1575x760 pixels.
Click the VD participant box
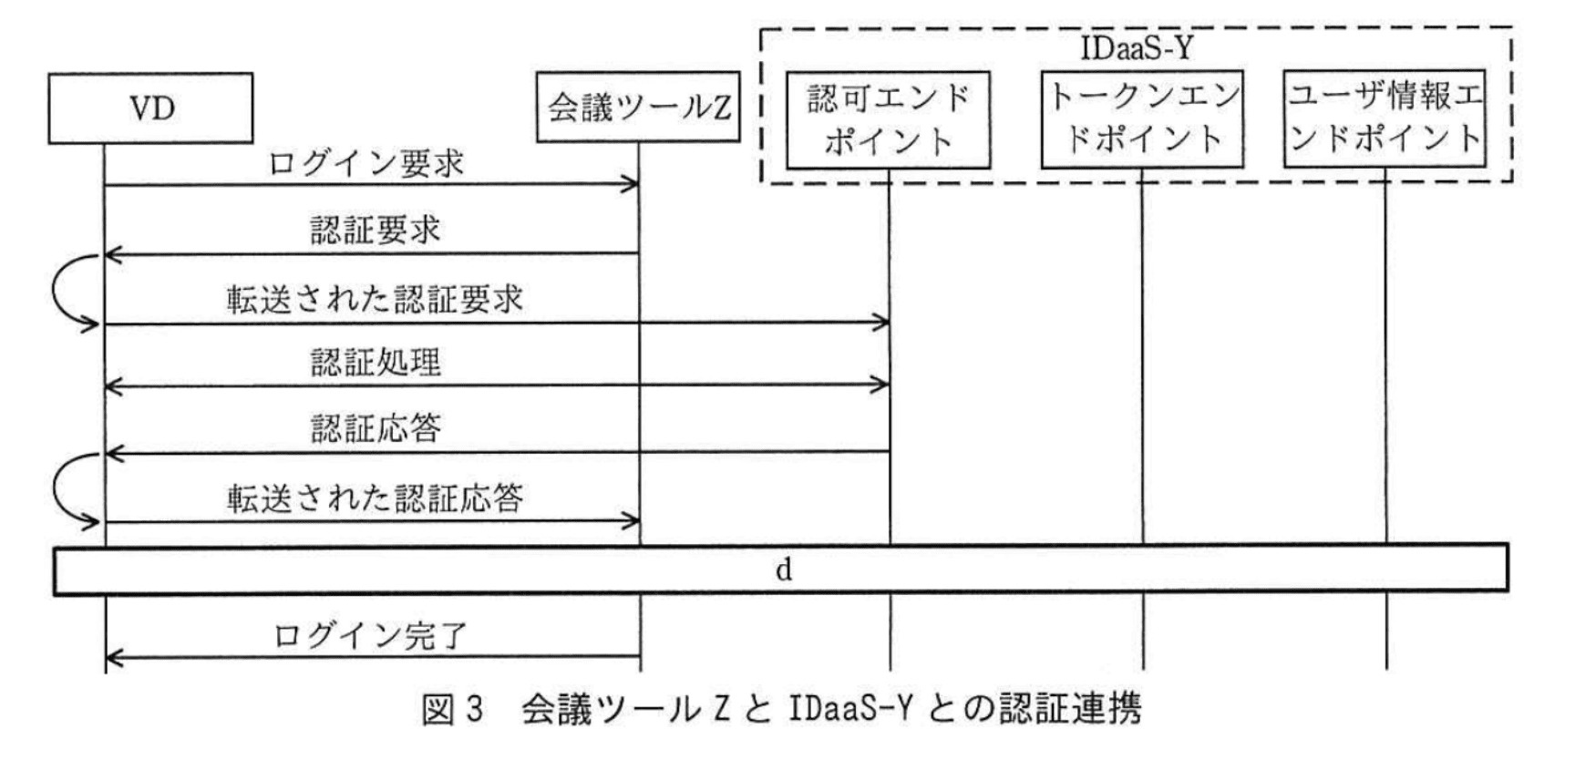coord(150,108)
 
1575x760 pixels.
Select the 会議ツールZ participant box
coord(638,108)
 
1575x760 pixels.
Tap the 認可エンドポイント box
coord(888,119)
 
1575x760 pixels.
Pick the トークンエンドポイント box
coord(1142,118)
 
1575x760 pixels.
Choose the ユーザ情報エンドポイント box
coord(1385,118)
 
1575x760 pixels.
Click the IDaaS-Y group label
coord(1136,47)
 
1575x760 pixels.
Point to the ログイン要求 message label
coord(366,164)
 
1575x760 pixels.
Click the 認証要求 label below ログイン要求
coord(375,230)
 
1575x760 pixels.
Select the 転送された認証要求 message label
coord(375,299)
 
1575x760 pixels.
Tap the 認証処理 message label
coord(375,363)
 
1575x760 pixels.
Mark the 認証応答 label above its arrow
coord(375,428)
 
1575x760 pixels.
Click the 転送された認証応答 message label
coord(375,498)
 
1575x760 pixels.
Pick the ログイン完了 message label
coord(370,635)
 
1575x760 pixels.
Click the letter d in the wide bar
coord(783,570)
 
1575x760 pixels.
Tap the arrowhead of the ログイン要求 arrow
coord(632,185)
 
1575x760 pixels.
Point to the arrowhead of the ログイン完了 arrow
coord(113,657)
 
